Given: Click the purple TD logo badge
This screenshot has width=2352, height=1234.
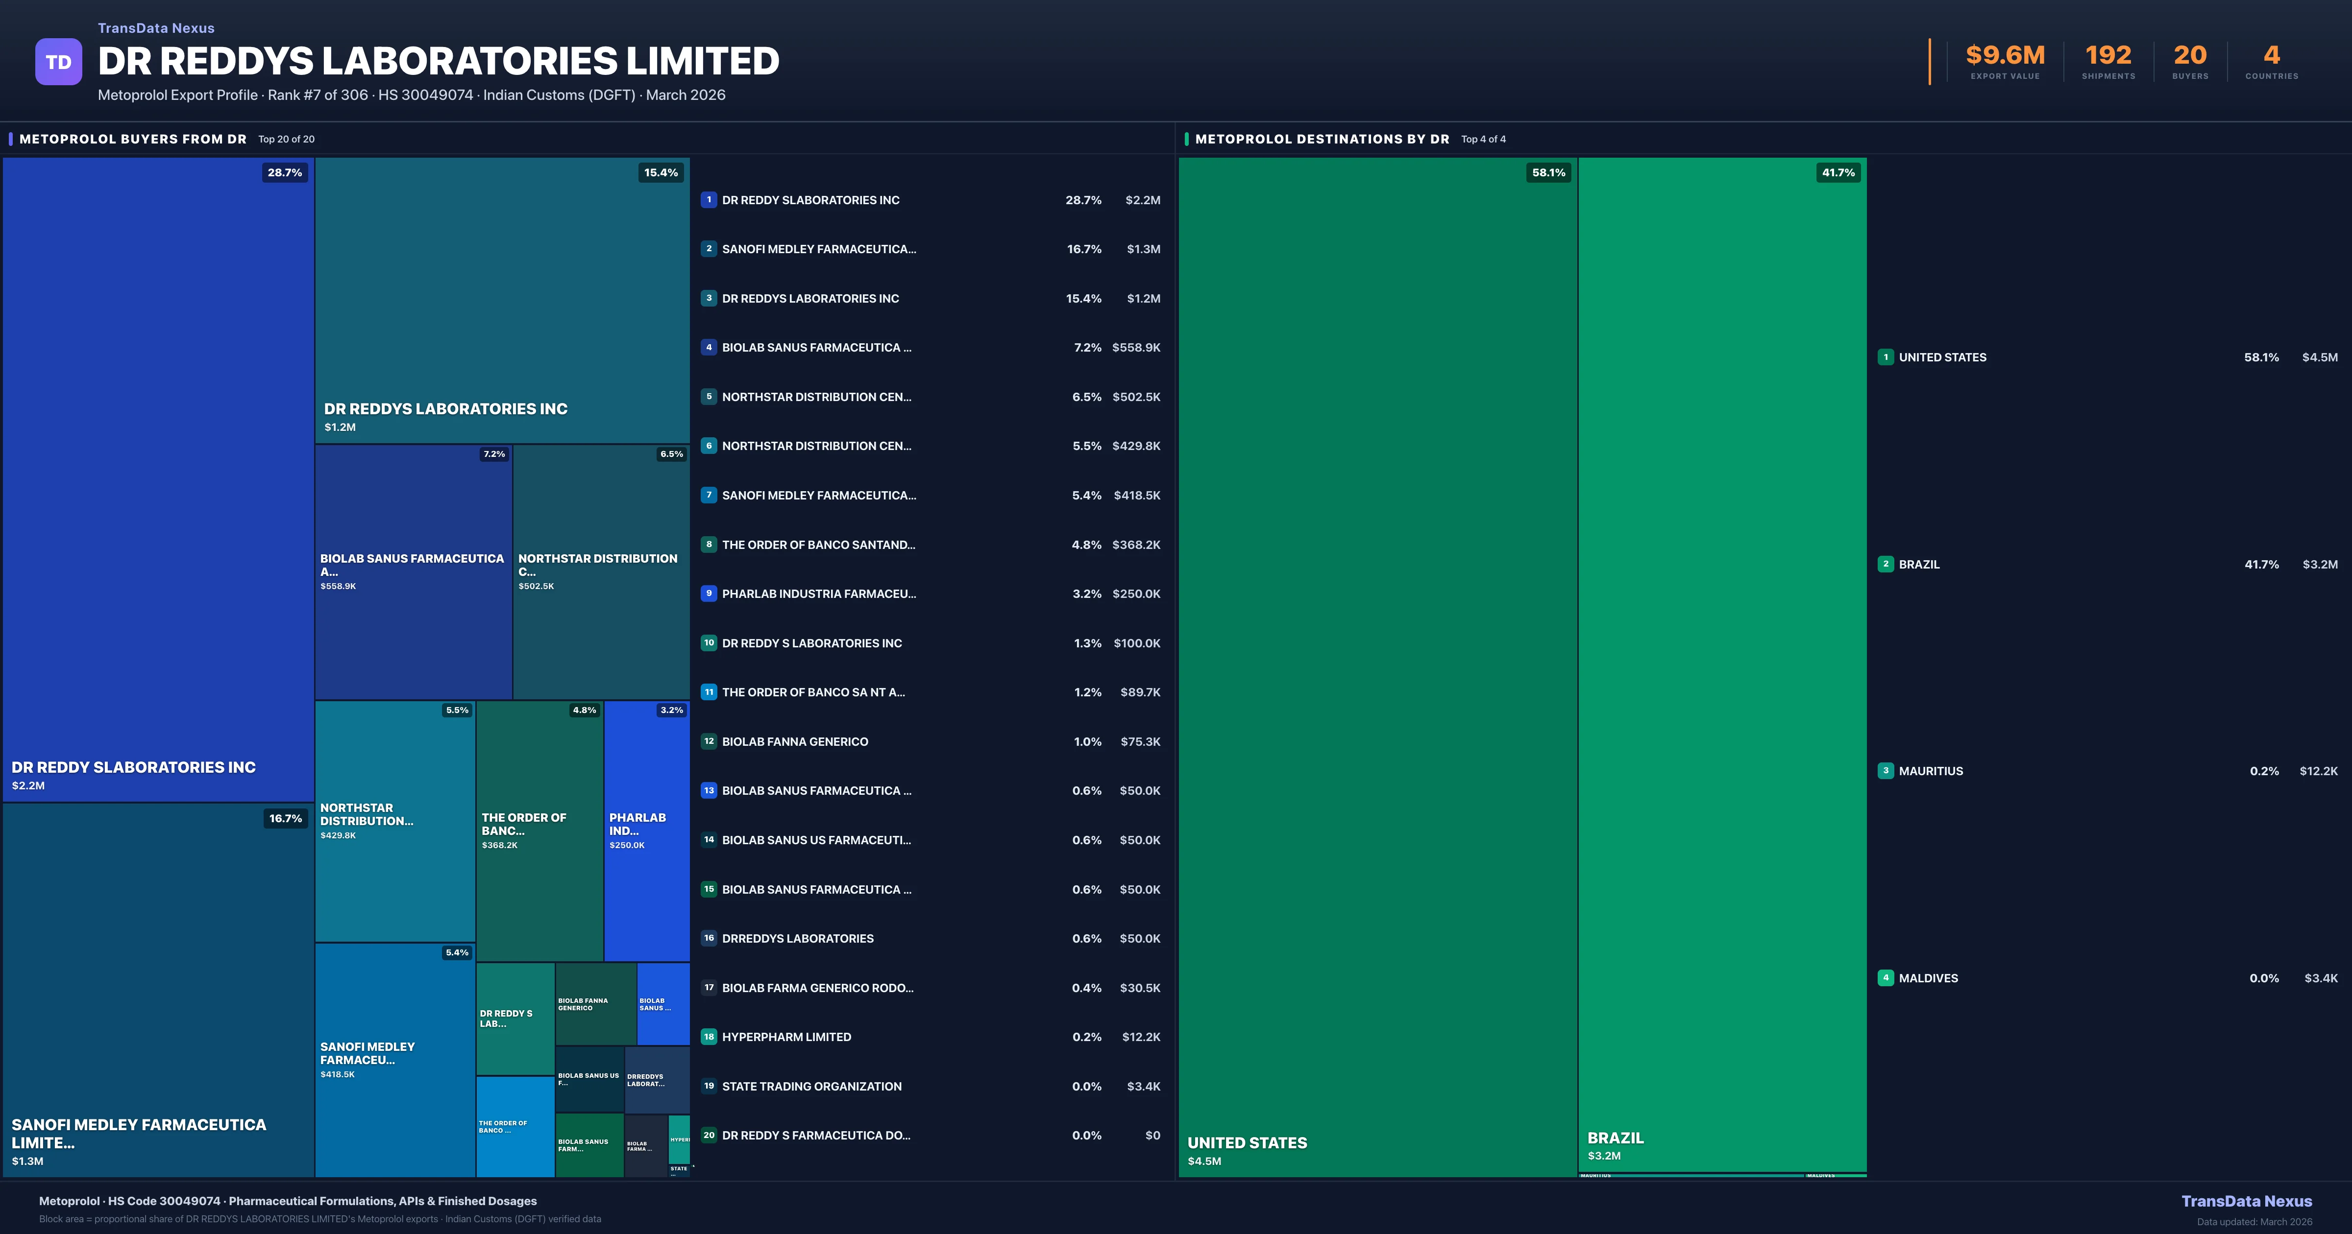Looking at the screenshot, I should [58, 62].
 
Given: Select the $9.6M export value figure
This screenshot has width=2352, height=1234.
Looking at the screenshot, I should [2005, 56].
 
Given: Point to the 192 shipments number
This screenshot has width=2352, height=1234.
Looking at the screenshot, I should [2108, 56].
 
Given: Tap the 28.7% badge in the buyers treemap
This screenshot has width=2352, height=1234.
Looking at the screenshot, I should [285, 172].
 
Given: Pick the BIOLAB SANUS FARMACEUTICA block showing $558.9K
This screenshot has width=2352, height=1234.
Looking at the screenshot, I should [413, 570].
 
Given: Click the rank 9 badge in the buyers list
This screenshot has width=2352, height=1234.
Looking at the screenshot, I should [709, 593].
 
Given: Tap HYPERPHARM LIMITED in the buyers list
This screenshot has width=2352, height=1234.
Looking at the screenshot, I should [786, 1037].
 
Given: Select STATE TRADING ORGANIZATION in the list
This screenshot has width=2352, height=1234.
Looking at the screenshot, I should [812, 1086].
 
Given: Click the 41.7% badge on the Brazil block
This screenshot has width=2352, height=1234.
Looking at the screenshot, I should [1838, 172].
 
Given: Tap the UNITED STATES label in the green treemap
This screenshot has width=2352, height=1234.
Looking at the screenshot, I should [1247, 1143].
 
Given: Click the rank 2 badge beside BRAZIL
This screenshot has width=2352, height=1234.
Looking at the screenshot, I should [1886, 564].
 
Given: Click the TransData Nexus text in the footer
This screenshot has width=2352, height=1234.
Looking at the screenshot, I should [2246, 1201].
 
